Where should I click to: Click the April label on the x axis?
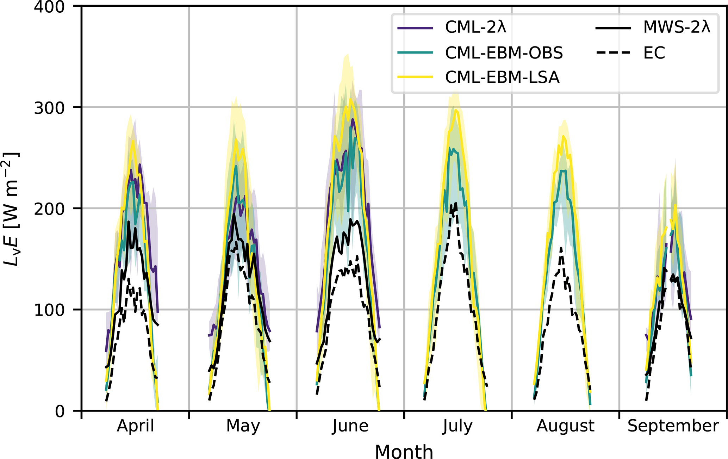pyautogui.click(x=136, y=426)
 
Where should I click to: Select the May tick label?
pyautogui.click(x=243, y=426)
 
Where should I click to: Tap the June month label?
pyautogui.click(x=350, y=426)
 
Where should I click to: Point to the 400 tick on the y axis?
pyautogui.click(x=49, y=7)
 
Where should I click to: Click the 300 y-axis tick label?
pyautogui.click(x=49, y=108)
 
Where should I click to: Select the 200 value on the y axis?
pyautogui.click(x=49, y=209)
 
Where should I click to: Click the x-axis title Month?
pyautogui.click(x=404, y=451)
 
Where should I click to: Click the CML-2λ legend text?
pyautogui.click(x=475, y=27)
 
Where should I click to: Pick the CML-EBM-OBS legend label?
pyautogui.click(x=504, y=53)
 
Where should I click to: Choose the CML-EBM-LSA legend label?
pyautogui.click(x=502, y=77)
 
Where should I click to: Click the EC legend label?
pyautogui.click(x=654, y=53)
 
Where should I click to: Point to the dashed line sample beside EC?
pyautogui.click(x=613, y=53)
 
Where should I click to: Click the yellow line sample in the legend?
pyautogui.click(x=415, y=77)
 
